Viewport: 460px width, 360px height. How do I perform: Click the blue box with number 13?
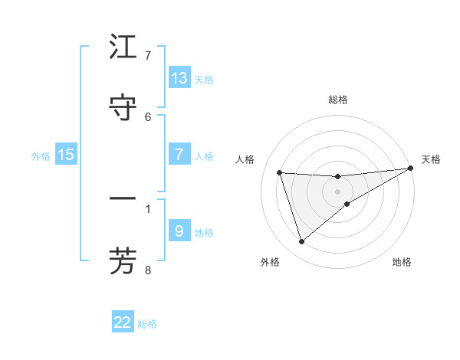[179, 78]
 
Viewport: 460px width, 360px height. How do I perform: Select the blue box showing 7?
[179, 155]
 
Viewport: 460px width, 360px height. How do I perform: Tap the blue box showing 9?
[179, 231]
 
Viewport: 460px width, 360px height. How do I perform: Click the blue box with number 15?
[66, 155]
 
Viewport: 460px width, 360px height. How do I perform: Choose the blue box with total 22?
[123, 322]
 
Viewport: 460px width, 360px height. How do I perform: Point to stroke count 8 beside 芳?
[148, 270]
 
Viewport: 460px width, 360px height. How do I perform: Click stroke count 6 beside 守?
[148, 116]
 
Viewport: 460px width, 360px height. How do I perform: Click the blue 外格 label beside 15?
[41, 155]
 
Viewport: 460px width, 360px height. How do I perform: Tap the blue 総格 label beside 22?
[147, 323]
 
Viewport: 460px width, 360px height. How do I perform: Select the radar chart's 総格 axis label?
[338, 100]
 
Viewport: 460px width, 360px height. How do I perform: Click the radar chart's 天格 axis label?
[431, 159]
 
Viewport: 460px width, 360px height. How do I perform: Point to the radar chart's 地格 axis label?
[402, 262]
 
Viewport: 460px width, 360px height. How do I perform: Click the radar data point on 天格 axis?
[410, 169]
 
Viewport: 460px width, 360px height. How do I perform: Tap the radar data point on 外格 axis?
[301, 242]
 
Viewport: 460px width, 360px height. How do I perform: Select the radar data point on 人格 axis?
[280, 172]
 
